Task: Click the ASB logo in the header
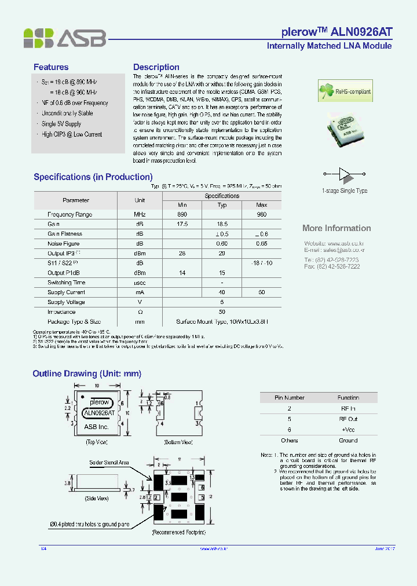point(64,38)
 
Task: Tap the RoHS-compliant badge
point(345,91)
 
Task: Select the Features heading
point(51,67)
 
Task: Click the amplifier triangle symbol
point(345,173)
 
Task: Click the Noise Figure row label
point(64,244)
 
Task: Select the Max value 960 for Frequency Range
point(261,214)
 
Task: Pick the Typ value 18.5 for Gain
point(222,224)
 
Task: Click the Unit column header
point(140,200)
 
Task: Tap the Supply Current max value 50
point(261,292)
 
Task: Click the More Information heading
point(336,228)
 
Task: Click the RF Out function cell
point(348,419)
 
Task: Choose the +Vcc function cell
point(348,430)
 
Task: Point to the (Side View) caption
point(97,499)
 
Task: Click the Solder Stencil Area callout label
point(109,463)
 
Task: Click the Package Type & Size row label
point(74,321)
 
